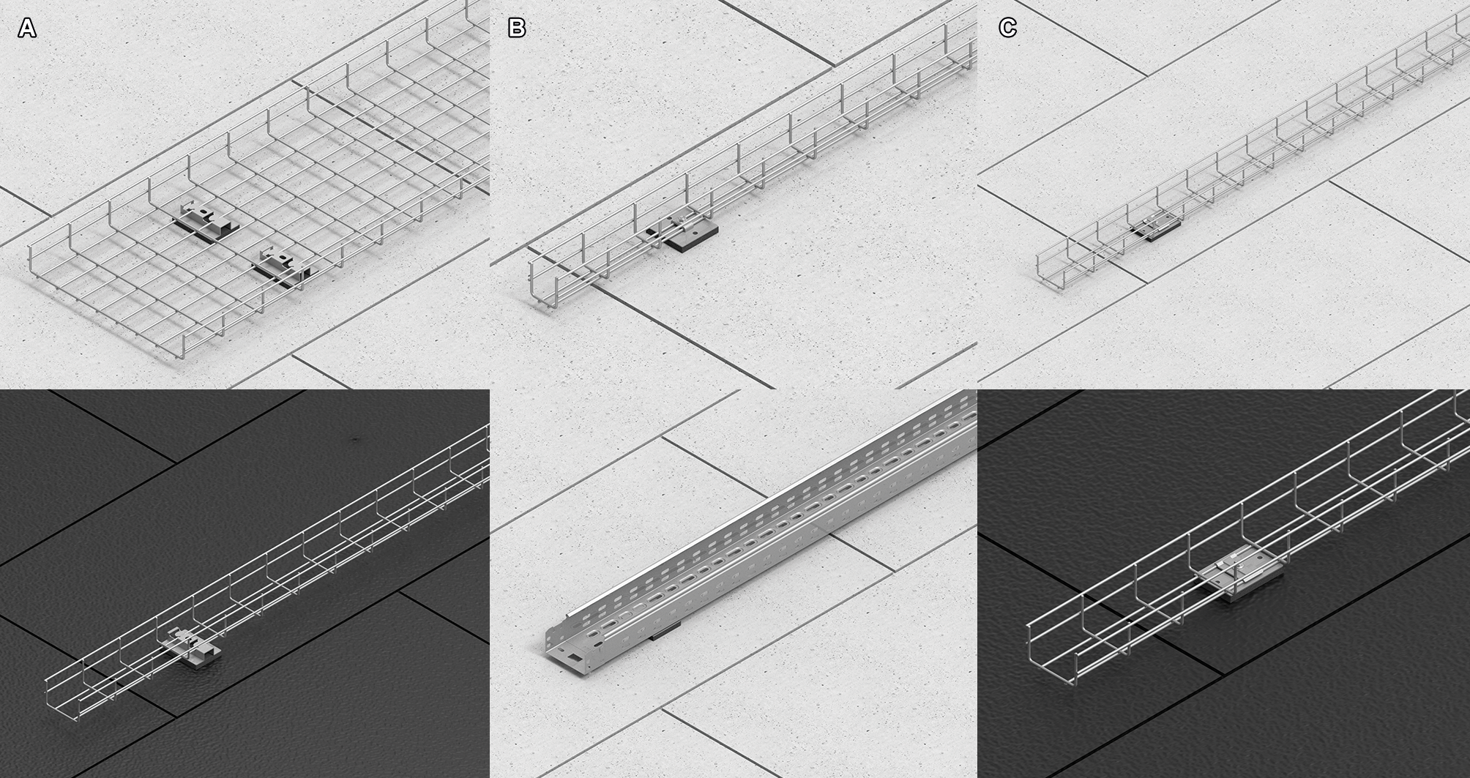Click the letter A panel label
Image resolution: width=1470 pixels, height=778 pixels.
tap(27, 29)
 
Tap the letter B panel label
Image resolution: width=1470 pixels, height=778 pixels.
tap(517, 29)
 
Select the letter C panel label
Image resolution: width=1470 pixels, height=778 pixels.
tap(1007, 29)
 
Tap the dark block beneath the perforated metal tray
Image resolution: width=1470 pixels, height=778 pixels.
tap(663, 630)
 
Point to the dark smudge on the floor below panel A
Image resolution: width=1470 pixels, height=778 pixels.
tap(356, 440)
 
